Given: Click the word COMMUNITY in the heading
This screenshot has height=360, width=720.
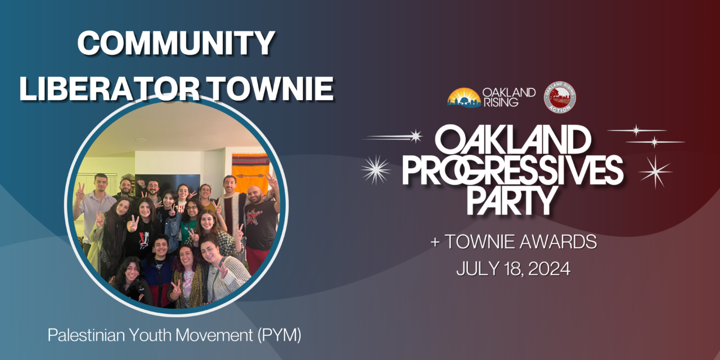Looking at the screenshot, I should coord(176,43).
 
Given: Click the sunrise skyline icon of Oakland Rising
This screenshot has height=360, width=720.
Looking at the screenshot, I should coord(464,97).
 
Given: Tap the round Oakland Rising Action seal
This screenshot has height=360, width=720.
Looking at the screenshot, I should coord(560,97).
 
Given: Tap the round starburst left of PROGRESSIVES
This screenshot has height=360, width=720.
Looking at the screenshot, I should coord(376,169).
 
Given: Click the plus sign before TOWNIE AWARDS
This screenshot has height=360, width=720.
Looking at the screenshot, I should coord(434,243).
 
